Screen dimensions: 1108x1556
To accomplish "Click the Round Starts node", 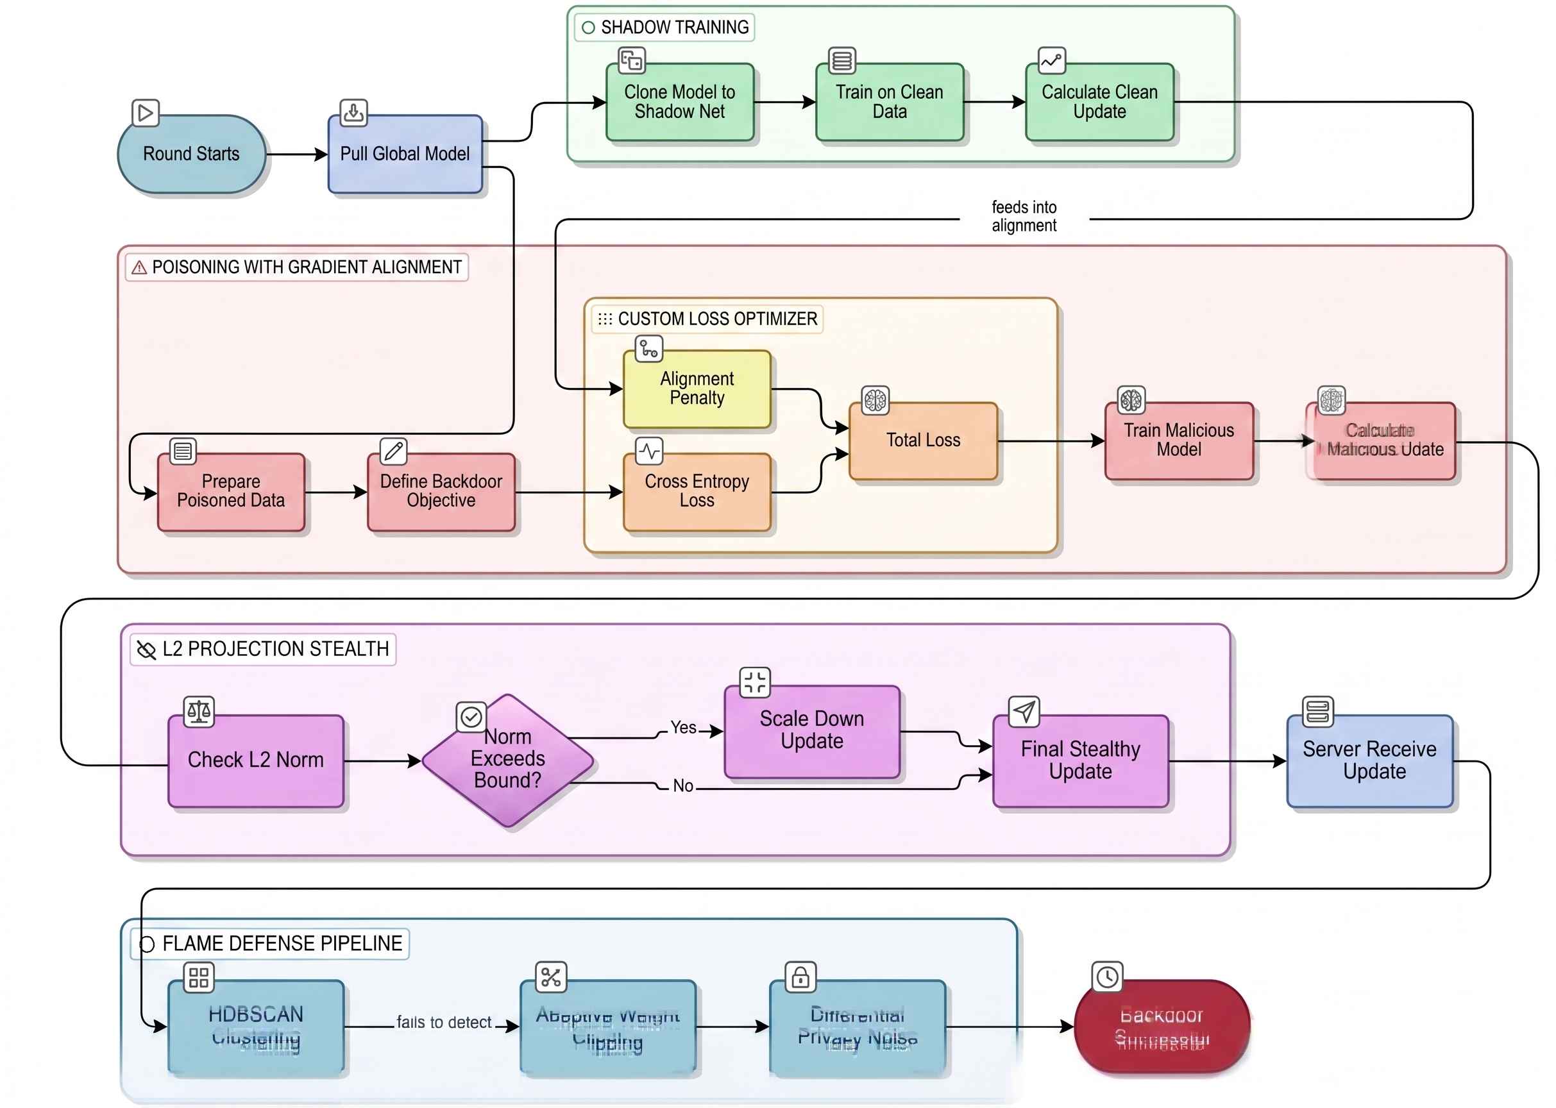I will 191,154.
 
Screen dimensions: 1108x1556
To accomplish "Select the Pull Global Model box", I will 405,154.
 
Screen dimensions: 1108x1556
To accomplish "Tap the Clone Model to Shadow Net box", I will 680,103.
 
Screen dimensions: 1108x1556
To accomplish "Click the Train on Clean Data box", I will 889,103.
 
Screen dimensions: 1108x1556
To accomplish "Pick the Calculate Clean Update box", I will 1099,103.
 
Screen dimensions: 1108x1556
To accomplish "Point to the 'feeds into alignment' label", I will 1024,216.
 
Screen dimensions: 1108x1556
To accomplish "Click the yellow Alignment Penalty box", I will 697,389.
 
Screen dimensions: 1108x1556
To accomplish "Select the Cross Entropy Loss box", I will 697,491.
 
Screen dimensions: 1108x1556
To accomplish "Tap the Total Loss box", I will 923,441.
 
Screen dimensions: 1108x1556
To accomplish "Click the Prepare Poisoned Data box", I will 231,491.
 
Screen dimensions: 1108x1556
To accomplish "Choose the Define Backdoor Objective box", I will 441,491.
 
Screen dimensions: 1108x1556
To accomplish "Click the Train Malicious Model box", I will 1179,441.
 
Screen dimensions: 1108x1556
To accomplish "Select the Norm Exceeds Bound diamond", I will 508,759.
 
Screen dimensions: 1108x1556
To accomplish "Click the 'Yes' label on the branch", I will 683,728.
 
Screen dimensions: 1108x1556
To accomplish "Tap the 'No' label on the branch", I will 683,786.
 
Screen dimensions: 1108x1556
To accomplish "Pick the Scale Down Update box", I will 811,731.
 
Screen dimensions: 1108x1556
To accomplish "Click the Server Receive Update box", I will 1370,760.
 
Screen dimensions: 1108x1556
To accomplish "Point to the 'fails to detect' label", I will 444,1022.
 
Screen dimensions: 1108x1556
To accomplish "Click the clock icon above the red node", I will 1107,977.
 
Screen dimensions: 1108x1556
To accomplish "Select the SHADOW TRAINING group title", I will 674,28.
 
